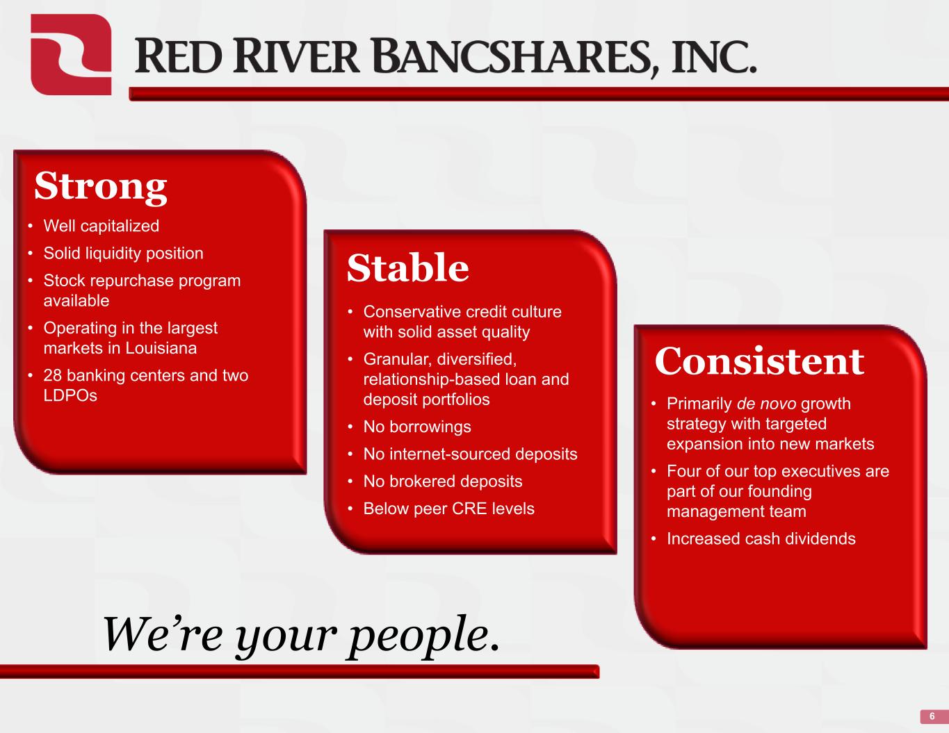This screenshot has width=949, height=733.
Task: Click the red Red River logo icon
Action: pyautogui.click(x=71, y=54)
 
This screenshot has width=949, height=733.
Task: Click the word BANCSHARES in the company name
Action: pyautogui.click(x=514, y=57)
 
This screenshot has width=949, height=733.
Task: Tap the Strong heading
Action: pyautogui.click(x=100, y=187)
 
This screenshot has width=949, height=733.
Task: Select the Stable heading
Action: pyautogui.click(x=408, y=267)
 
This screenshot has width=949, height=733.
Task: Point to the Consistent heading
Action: pyautogui.click(x=759, y=361)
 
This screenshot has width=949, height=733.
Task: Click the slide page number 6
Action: pyautogui.click(x=932, y=716)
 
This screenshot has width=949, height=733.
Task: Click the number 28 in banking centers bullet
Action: pyautogui.click(x=53, y=375)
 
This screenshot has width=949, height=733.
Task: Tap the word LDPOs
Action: pyautogui.click(x=70, y=395)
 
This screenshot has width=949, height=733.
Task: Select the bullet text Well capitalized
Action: pyautogui.click(x=102, y=226)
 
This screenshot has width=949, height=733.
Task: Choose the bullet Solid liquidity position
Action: pyautogui.click(x=124, y=253)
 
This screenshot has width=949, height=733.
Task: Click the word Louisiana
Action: pyautogui.click(x=161, y=348)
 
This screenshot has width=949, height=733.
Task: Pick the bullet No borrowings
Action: pyautogui.click(x=417, y=427)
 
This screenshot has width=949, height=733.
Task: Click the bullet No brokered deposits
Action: pyautogui.click(x=443, y=481)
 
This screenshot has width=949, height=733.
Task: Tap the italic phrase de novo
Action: pyautogui.click(x=766, y=404)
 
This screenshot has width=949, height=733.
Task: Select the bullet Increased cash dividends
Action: pyautogui.click(x=761, y=538)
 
